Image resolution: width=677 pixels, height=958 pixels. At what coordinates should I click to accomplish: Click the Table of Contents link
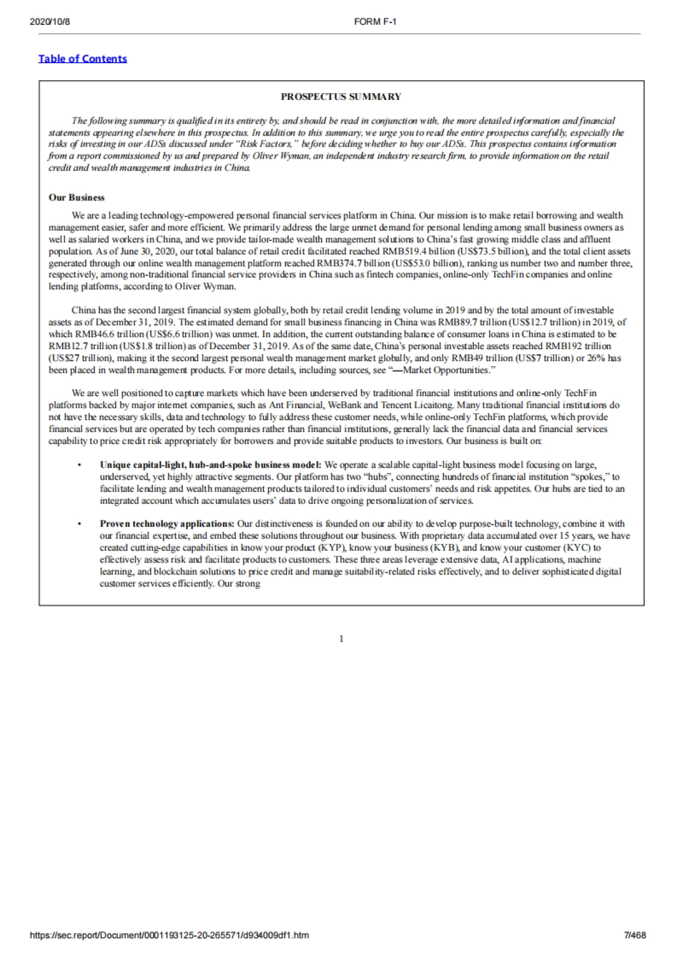[82, 59]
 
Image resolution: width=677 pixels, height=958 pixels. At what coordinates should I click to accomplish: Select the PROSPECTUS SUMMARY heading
[341, 96]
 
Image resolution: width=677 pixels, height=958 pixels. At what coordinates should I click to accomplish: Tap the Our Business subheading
[76, 197]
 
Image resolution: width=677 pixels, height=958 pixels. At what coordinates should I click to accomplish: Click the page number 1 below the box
[341, 639]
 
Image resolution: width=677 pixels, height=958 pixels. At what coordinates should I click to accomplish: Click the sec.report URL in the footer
[169, 935]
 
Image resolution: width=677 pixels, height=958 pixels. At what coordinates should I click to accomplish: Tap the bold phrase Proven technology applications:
[167, 524]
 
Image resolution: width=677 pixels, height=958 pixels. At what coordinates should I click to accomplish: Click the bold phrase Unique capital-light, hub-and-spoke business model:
[210, 465]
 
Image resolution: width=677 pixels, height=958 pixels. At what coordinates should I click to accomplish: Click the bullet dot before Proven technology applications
[80, 524]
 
